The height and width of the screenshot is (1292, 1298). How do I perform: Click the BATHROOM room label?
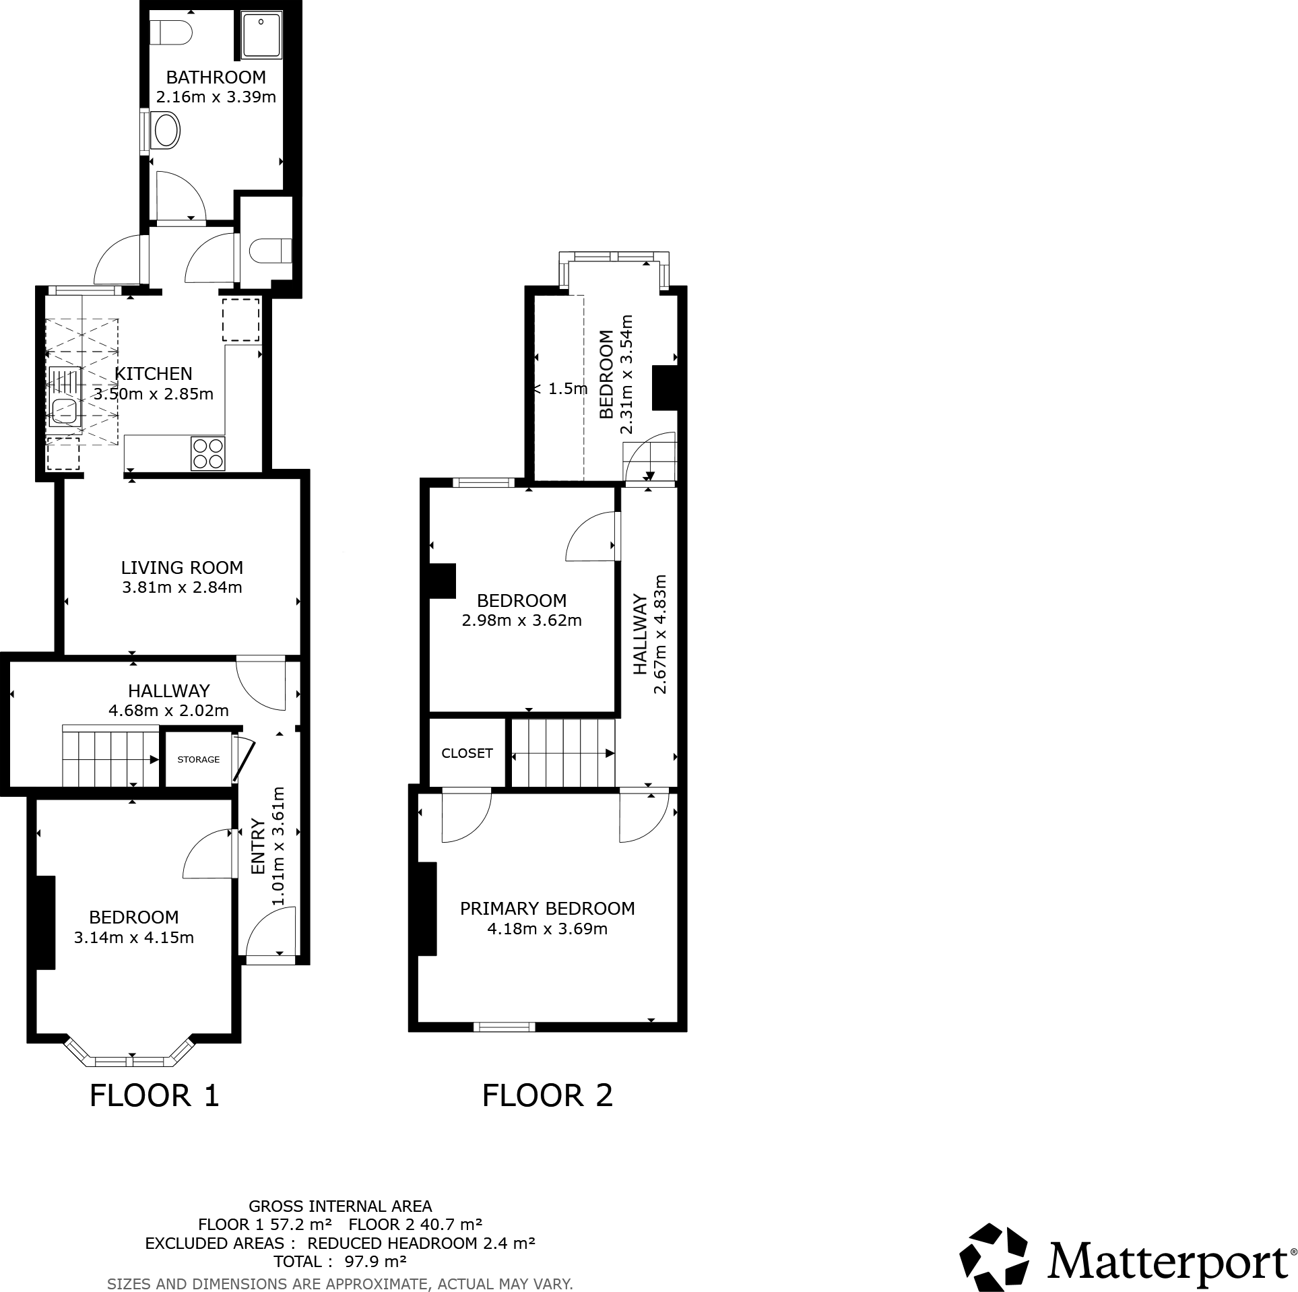click(x=216, y=77)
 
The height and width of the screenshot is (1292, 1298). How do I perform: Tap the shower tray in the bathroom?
click(x=262, y=34)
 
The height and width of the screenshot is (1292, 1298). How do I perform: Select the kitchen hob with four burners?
click(x=207, y=453)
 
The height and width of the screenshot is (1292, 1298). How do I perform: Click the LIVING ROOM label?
click(x=182, y=567)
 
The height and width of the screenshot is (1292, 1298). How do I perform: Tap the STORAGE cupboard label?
click(x=198, y=759)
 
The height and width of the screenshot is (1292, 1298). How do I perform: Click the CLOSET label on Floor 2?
click(x=467, y=753)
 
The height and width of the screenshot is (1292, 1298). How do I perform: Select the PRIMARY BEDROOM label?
click(x=547, y=908)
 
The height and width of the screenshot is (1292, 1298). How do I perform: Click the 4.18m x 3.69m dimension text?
click(x=547, y=929)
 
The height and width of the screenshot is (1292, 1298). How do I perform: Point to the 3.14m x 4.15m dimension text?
click(x=134, y=937)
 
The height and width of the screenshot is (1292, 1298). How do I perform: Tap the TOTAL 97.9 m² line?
click(x=339, y=1261)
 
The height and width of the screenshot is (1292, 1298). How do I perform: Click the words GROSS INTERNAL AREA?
click(x=340, y=1206)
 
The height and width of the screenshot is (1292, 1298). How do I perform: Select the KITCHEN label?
click(x=154, y=373)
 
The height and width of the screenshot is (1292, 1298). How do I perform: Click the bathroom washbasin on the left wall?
click(x=166, y=131)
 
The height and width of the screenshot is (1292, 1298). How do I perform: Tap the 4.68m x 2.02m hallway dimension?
click(x=168, y=710)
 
